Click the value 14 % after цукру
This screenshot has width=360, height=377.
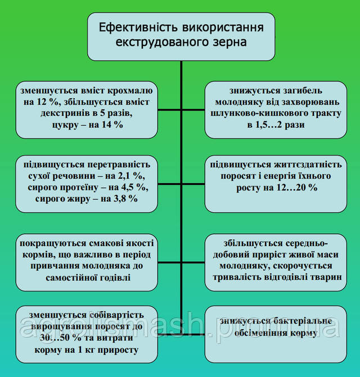point(110,124)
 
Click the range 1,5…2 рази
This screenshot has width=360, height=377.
point(281,125)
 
